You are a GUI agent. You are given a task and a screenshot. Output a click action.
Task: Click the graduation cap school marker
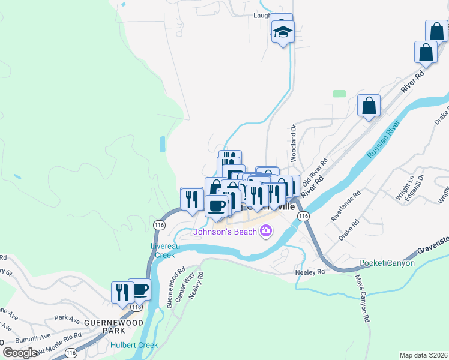282,32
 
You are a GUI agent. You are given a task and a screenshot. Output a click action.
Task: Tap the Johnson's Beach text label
228,230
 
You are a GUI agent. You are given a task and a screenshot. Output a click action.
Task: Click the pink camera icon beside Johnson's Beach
266,230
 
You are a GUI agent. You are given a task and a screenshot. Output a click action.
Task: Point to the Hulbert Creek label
134,345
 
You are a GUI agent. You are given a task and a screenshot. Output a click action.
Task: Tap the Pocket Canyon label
387,263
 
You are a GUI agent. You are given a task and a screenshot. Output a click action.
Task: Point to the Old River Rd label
316,171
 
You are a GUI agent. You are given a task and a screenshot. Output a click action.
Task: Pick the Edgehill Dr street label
414,187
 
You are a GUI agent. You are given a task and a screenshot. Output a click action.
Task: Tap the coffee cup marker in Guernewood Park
139,290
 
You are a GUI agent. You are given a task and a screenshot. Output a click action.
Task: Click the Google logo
19,353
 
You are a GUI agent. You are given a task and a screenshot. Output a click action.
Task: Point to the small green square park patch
340,94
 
